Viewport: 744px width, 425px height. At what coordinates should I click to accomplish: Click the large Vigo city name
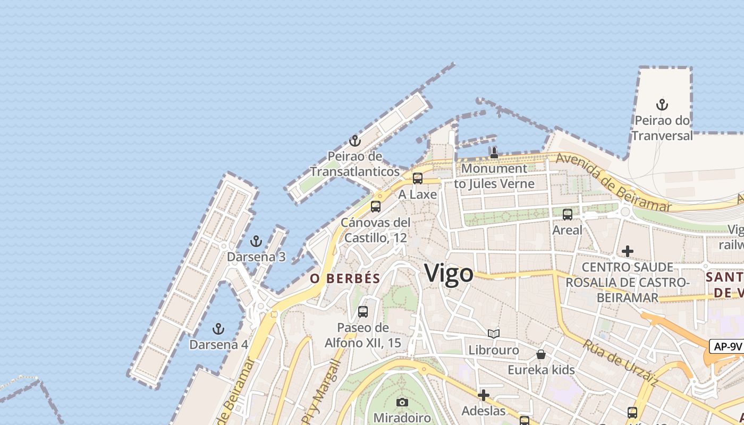(449, 274)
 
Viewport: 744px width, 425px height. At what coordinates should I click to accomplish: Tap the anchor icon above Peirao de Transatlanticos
(354, 141)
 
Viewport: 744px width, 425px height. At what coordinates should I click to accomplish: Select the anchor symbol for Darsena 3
(256, 241)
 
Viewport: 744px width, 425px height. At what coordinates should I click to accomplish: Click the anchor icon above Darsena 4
(218, 329)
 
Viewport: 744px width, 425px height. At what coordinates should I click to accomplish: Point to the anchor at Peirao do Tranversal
(662, 104)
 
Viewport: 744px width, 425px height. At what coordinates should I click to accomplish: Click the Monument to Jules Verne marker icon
(494, 153)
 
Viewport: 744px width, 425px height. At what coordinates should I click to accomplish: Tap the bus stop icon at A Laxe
(418, 178)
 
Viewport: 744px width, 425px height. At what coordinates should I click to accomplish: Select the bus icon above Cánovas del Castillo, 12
(376, 207)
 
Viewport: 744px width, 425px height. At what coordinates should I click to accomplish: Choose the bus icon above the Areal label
(568, 215)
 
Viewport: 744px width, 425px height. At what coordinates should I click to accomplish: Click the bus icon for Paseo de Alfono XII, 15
(363, 312)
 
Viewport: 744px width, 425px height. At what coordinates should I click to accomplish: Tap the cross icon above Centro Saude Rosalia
(628, 251)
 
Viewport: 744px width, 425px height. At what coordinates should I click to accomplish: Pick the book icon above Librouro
(494, 334)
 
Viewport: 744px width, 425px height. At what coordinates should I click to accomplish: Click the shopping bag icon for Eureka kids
(541, 354)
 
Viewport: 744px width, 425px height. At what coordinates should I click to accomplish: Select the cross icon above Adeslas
(484, 395)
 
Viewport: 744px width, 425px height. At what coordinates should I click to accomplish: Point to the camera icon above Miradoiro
(402, 402)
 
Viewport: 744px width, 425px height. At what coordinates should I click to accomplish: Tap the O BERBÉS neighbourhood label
(345, 278)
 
